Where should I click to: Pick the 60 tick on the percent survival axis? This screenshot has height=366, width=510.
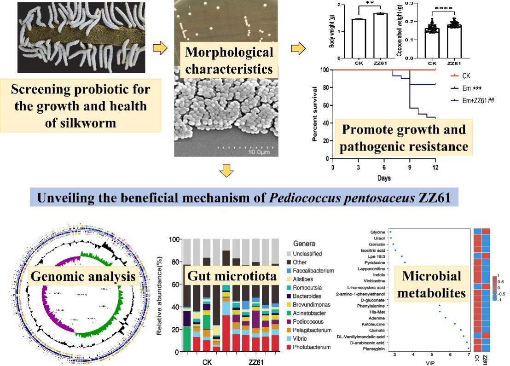pyautogui.click(x=325, y=105)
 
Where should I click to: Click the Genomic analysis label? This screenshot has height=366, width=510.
pyautogui.click(x=83, y=276)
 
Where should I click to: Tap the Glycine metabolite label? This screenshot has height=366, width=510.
pyautogui.click(x=377, y=232)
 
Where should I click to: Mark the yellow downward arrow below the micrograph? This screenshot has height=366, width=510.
pyautogui.click(x=226, y=171)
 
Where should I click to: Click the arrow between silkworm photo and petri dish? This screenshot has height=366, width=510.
pyautogui.click(x=160, y=49)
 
